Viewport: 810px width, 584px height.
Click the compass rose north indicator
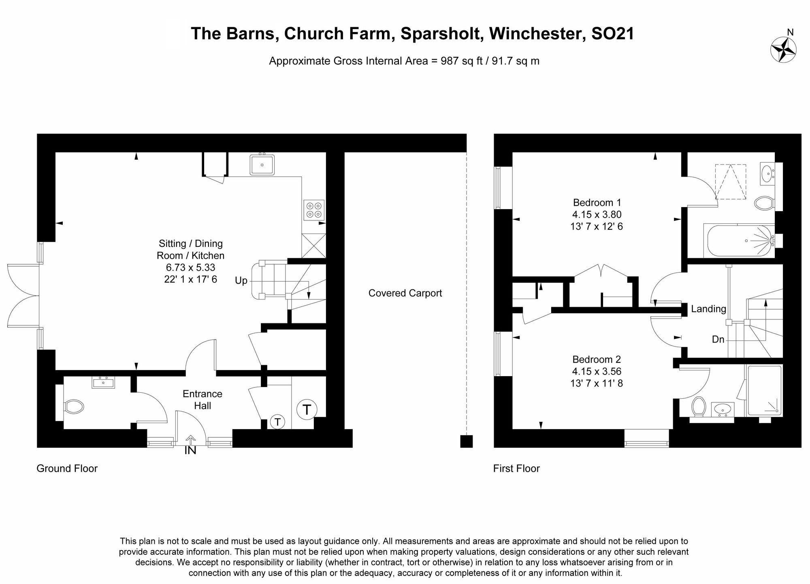click(783, 50)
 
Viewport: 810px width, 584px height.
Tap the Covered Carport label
click(405, 293)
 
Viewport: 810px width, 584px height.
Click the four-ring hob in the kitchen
click(314, 210)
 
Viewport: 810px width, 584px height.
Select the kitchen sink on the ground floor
click(262, 165)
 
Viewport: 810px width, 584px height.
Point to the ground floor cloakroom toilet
click(74, 406)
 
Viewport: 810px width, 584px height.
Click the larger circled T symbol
click(307, 410)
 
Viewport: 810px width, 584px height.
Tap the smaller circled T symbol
click(277, 422)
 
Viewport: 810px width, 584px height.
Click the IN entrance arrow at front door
click(190, 440)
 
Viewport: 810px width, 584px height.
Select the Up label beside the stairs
click(241, 280)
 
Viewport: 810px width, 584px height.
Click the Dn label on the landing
click(718, 339)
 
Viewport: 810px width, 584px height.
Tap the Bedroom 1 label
click(597, 203)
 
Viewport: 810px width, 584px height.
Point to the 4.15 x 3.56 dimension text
click(597, 371)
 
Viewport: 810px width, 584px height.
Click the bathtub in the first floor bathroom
click(739, 241)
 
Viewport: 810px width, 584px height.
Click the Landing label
click(708, 309)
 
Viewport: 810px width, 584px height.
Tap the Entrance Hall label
click(202, 400)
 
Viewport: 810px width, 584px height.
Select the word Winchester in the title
click(537, 34)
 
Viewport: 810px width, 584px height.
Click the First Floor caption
click(516, 468)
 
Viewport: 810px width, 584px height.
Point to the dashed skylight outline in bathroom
click(730, 182)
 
